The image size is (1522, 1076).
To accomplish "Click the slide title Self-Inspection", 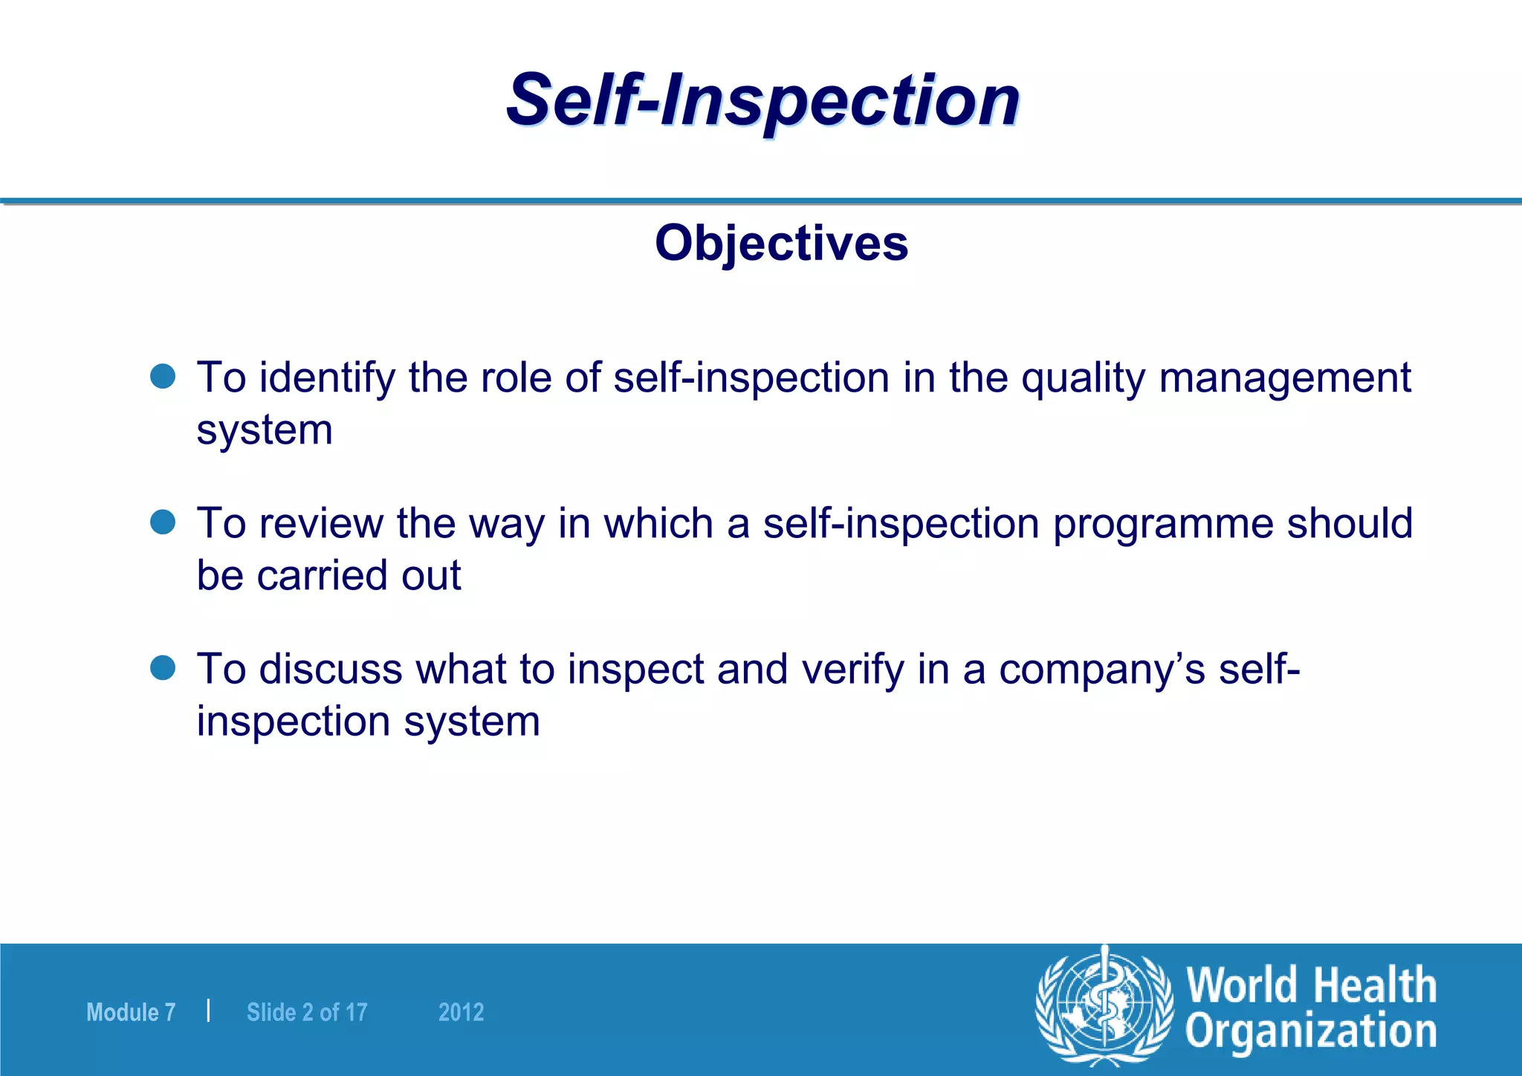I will pyautogui.click(x=762, y=100).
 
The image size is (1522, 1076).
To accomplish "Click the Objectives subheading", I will pyautogui.click(x=781, y=243).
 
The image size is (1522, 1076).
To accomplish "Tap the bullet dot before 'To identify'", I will pyautogui.click(x=163, y=376).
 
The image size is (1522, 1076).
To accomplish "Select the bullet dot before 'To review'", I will pyautogui.click(x=163, y=522).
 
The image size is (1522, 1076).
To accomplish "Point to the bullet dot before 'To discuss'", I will pyautogui.click(x=163, y=667).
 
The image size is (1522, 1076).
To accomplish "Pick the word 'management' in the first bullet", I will pyautogui.click(x=1284, y=378).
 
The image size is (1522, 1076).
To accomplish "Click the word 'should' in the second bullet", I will pyautogui.click(x=1350, y=523).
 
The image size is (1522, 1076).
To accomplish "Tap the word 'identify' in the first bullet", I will pyautogui.click(x=327, y=378).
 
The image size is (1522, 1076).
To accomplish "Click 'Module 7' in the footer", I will pyautogui.click(x=131, y=1012).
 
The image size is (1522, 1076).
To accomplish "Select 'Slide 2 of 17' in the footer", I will pyautogui.click(x=307, y=1012).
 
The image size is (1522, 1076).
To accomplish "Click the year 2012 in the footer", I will pyautogui.click(x=461, y=1012).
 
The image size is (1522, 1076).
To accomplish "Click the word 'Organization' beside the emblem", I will pyautogui.click(x=1310, y=1032).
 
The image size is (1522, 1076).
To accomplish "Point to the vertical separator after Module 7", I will pyautogui.click(x=209, y=1011).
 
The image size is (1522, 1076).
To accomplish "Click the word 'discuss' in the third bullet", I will pyautogui.click(x=330, y=669).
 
